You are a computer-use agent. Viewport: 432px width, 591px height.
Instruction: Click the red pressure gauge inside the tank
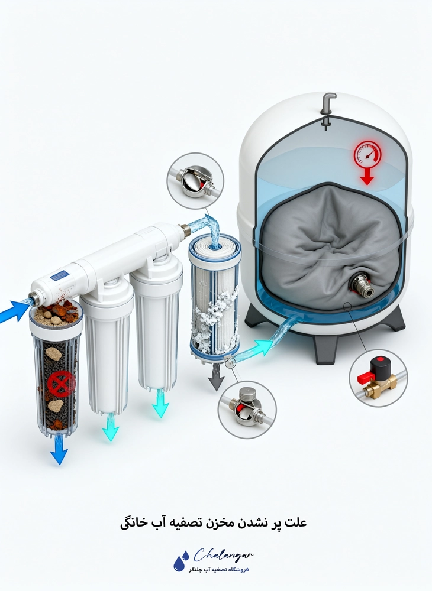pyautogui.click(x=367, y=154)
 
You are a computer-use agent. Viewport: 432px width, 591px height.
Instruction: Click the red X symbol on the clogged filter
pyautogui.click(x=62, y=384)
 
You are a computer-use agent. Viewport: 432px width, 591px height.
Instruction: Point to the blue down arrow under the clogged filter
pyautogui.click(x=59, y=450)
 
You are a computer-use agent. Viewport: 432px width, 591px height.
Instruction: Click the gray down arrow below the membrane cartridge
pyautogui.click(x=216, y=378)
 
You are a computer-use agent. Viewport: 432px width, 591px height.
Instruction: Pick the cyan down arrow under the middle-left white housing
pyautogui.click(x=111, y=428)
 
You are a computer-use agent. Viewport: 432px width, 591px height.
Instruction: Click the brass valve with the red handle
pyautogui.click(x=378, y=377)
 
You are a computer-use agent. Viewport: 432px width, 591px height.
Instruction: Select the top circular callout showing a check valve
pyautogui.click(x=195, y=181)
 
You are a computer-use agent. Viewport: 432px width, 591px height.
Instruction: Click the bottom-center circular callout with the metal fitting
pyautogui.click(x=247, y=410)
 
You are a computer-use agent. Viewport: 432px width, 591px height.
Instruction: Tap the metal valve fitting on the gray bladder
pyautogui.click(x=362, y=285)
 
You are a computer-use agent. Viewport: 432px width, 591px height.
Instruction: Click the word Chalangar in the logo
pyautogui.click(x=223, y=555)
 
